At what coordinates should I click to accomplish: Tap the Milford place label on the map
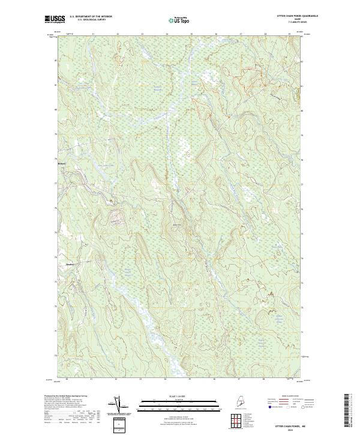coord(61,163)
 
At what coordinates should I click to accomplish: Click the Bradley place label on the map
coord(62,263)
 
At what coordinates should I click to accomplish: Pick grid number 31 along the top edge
coord(93,34)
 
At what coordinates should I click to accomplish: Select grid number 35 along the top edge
coord(191,34)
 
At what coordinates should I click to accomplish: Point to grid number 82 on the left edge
coord(56,61)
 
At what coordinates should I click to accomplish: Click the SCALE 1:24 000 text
coord(180,396)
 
